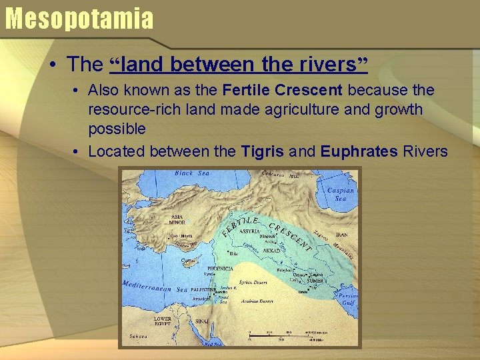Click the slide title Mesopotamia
pyautogui.click(x=79, y=18)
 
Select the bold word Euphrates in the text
pyautogui.click(x=359, y=151)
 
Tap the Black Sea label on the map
pyautogui.click(x=192, y=173)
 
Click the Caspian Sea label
pyautogui.click(x=341, y=194)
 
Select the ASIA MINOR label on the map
pyautogui.click(x=177, y=219)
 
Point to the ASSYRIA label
pyautogui.click(x=249, y=231)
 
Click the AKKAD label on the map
pyautogui.click(x=271, y=251)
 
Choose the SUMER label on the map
pyautogui.click(x=315, y=281)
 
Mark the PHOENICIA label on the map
pyautogui.click(x=219, y=268)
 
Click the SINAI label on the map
pyautogui.click(x=202, y=321)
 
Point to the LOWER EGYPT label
pyautogui.click(x=163, y=321)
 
